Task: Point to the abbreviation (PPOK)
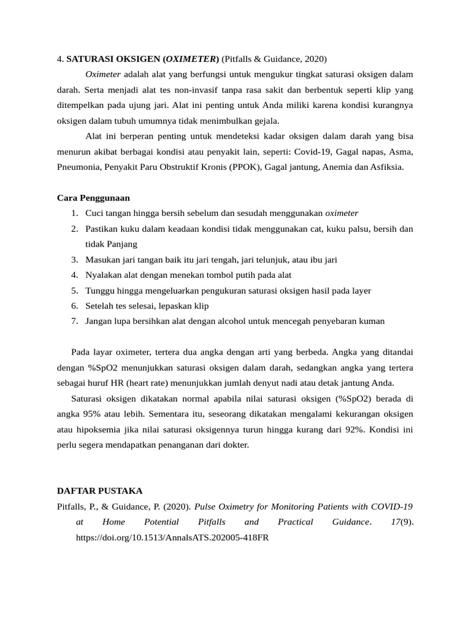[x=245, y=166]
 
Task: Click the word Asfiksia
[x=385, y=166]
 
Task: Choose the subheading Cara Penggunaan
[x=93, y=197]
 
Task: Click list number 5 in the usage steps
[x=74, y=290]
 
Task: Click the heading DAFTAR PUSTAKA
[x=99, y=491]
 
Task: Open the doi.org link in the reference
[x=172, y=537]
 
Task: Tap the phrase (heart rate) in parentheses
[x=148, y=383]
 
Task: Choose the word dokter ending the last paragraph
[x=234, y=445]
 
